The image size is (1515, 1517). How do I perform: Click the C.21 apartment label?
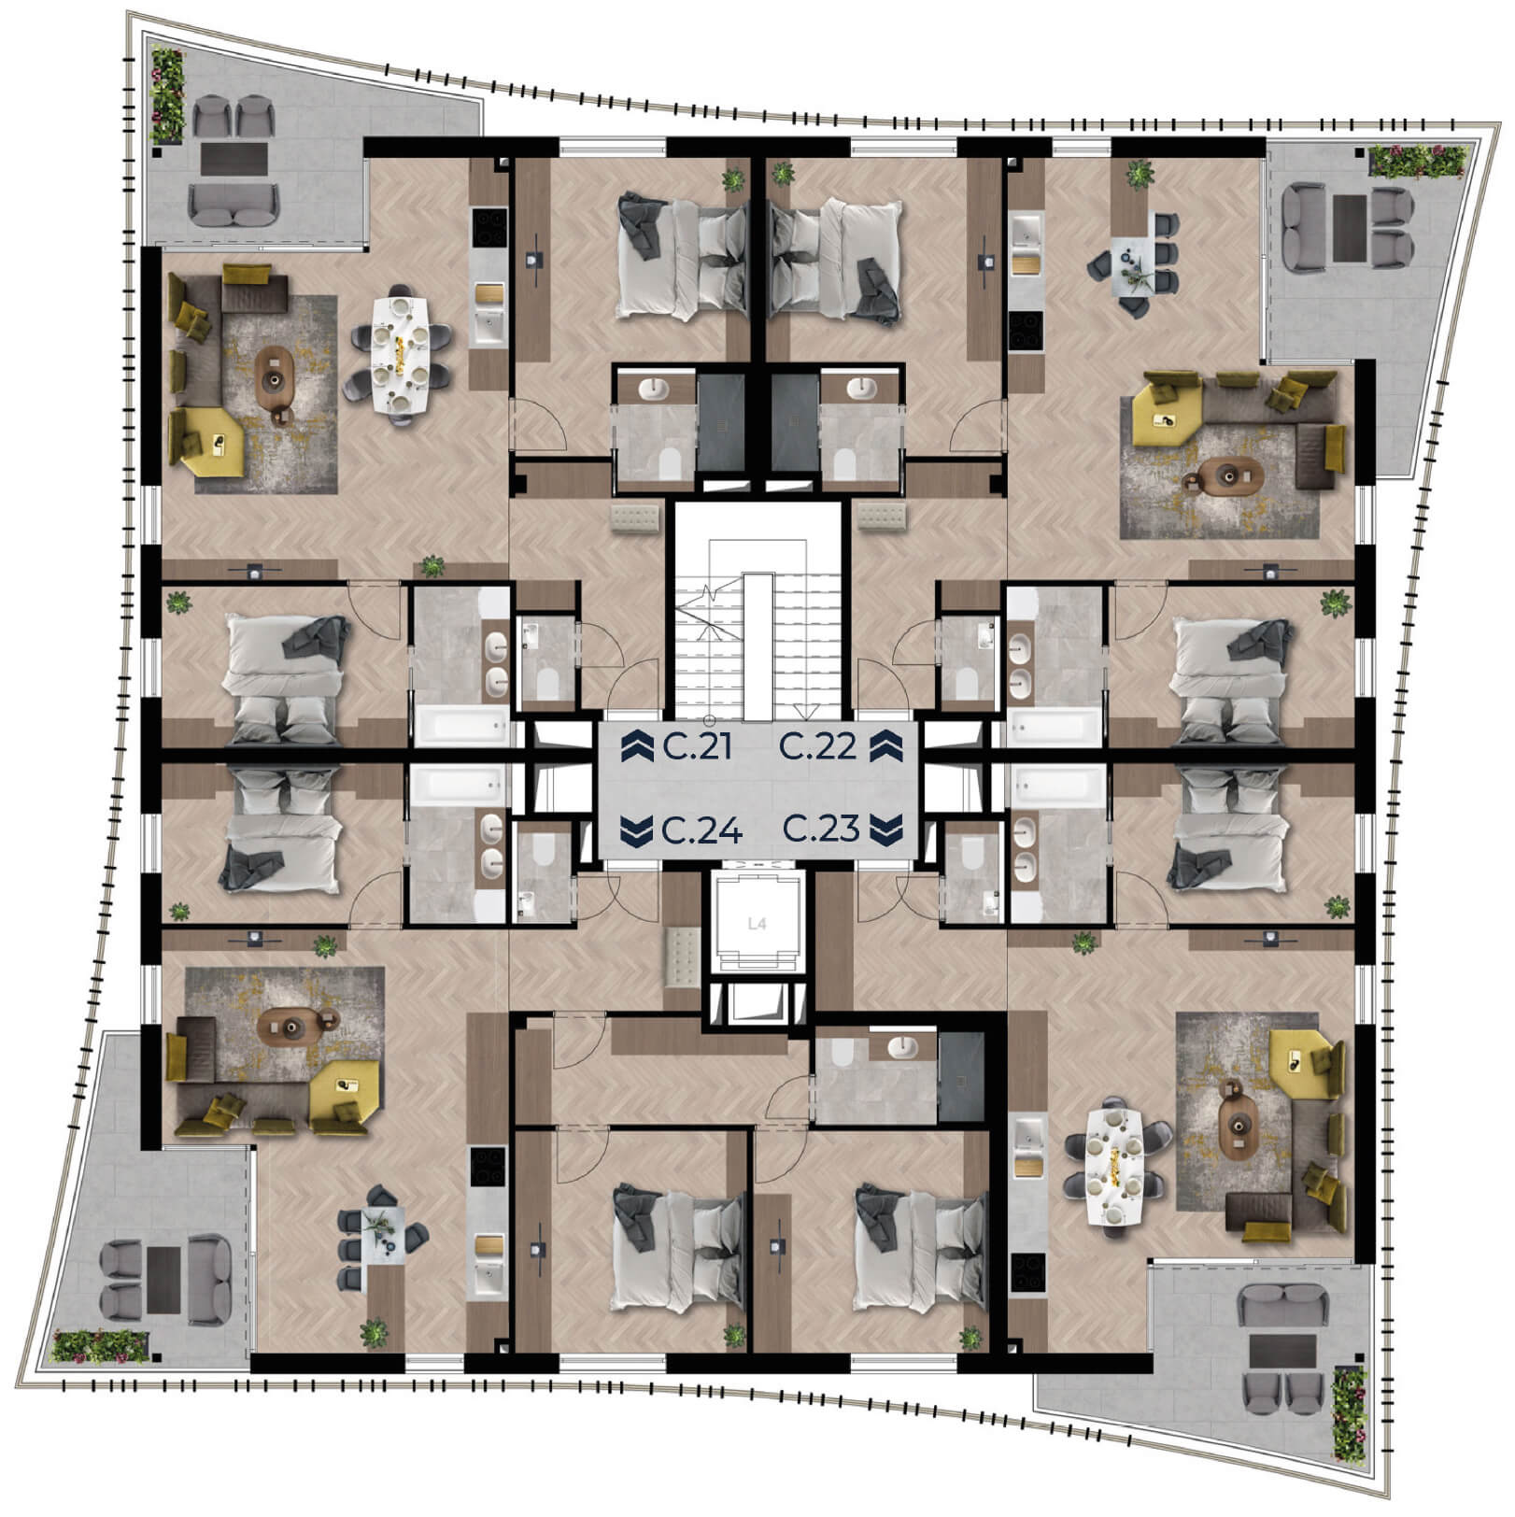point(697,746)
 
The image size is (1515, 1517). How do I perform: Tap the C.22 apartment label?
point(818,746)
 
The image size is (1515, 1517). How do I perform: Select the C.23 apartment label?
point(821,829)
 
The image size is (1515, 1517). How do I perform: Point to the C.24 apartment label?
point(701,829)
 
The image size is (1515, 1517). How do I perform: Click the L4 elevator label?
point(757,924)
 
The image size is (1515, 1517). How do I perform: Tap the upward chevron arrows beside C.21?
point(637,746)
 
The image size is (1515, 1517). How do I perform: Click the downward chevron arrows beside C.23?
point(885,829)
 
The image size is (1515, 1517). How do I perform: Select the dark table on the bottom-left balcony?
point(163,1279)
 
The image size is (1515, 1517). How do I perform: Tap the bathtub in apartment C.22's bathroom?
point(1054,725)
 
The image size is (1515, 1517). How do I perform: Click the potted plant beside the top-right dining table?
point(1138,174)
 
